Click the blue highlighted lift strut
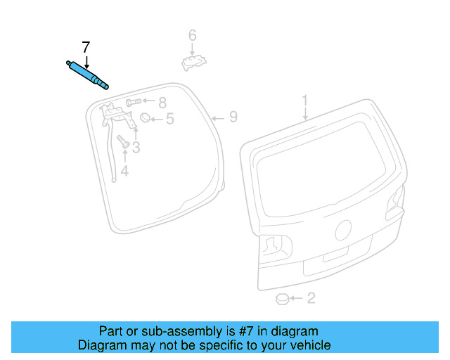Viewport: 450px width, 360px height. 87,75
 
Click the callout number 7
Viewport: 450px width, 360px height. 86,48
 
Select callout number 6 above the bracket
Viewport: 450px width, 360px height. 192,35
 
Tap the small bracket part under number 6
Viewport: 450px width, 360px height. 193,63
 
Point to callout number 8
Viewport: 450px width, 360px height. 162,103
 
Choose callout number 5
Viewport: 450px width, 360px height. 169,120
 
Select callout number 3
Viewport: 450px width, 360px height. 136,147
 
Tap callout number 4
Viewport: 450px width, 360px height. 124,171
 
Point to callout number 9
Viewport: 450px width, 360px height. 233,117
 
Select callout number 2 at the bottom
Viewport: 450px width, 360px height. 311,299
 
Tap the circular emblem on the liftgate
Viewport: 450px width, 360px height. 343,230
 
